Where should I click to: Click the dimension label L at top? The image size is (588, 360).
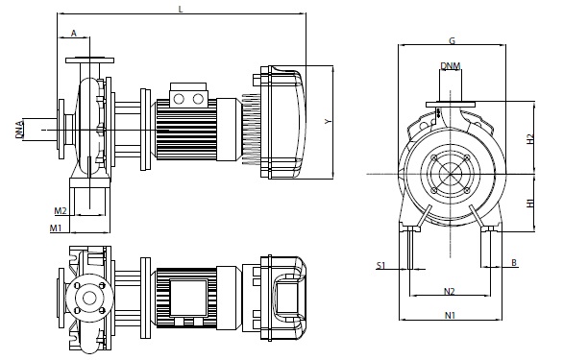click(181, 9)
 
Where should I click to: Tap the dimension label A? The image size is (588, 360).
click(73, 34)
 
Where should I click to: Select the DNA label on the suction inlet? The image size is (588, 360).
click(19, 130)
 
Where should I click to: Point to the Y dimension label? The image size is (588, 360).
click(329, 121)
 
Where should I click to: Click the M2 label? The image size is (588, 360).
click(61, 211)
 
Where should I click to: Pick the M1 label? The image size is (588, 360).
click(56, 228)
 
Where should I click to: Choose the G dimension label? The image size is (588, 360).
click(452, 40)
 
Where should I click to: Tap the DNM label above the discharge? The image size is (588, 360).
click(451, 66)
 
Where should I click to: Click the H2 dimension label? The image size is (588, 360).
click(530, 139)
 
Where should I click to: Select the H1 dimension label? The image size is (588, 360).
click(530, 203)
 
